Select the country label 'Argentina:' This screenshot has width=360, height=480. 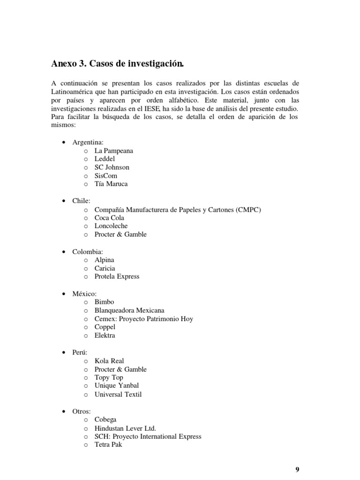[88, 142]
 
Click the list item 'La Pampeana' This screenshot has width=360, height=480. [114, 150]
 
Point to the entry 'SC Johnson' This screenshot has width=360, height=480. [112, 167]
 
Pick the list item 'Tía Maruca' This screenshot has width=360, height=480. [111, 184]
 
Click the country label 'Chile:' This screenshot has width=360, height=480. [82, 201]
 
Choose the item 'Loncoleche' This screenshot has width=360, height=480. [111, 226]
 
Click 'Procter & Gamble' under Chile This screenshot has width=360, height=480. [120, 234]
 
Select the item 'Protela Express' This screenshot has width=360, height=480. [117, 277]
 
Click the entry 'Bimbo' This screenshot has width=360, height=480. [104, 302]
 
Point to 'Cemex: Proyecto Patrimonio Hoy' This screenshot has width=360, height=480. [144, 319]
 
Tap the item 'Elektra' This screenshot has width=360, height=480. [105, 336]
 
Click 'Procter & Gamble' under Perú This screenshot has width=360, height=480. [120, 369]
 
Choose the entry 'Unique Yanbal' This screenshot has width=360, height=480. [117, 386]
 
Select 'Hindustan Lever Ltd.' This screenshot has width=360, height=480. [125, 428]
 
